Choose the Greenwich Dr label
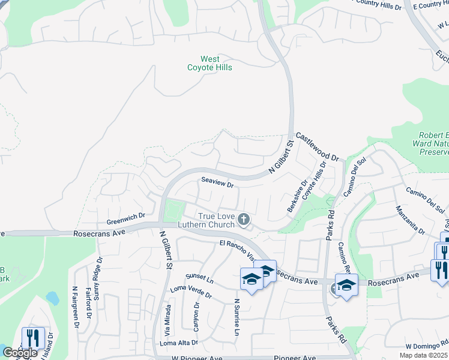126,215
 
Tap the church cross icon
244,220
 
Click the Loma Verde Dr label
191,292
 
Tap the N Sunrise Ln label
238,317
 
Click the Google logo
20,353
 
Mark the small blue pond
52,298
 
